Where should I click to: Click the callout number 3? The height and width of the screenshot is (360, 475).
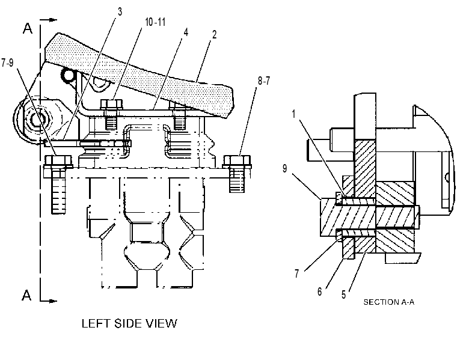[120, 12]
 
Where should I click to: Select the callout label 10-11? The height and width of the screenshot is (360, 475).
[155, 22]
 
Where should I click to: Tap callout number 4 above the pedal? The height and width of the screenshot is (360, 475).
[186, 32]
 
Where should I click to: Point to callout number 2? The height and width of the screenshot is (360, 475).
[215, 34]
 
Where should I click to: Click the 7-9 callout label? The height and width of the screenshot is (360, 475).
[7, 63]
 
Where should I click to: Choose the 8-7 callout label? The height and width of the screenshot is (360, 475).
[264, 81]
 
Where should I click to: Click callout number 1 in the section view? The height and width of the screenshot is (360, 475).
[293, 114]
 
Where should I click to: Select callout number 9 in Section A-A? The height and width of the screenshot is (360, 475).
[285, 168]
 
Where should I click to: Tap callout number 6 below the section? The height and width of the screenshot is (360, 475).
[320, 291]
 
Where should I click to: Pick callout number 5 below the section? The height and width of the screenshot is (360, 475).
[343, 294]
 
